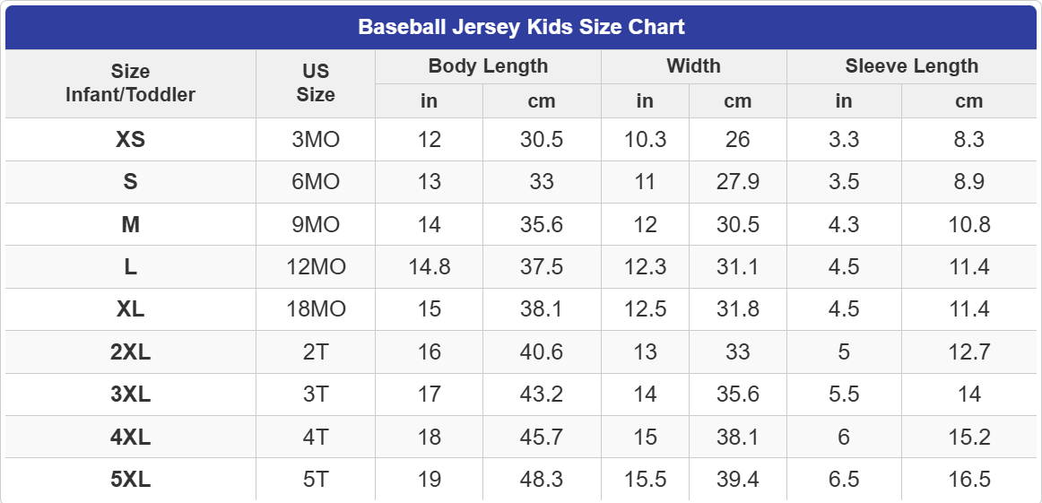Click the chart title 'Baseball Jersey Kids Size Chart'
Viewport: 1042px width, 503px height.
(x=521, y=27)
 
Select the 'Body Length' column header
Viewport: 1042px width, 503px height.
(x=488, y=66)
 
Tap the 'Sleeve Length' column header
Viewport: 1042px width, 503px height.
(x=911, y=66)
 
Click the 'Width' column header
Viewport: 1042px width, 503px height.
(x=693, y=66)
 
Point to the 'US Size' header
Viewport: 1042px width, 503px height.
(x=316, y=82)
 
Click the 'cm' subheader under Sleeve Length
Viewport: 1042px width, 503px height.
(x=968, y=101)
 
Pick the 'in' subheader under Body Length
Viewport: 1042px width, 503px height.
(x=429, y=101)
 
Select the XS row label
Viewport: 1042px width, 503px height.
(x=130, y=140)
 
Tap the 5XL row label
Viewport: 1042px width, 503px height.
(x=130, y=480)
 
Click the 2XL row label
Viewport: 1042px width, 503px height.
(x=130, y=352)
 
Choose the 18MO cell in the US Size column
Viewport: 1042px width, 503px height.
(x=316, y=309)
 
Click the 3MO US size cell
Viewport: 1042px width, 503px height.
(x=316, y=140)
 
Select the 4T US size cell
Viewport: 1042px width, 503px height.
(x=316, y=438)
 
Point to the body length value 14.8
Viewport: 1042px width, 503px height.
(x=429, y=267)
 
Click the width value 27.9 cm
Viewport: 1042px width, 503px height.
(x=737, y=182)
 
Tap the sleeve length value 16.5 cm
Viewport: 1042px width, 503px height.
(x=968, y=480)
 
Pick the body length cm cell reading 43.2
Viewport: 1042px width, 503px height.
(x=542, y=395)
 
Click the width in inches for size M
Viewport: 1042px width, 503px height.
(x=645, y=225)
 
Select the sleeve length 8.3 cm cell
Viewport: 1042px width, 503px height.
(x=968, y=140)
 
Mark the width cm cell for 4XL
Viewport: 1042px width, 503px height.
(x=737, y=438)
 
